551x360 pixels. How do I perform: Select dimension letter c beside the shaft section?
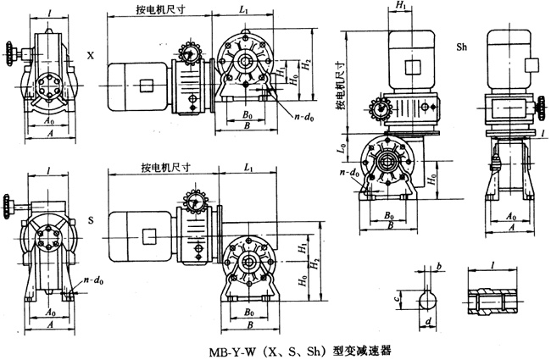point(398,297)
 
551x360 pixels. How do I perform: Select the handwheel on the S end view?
point(9,202)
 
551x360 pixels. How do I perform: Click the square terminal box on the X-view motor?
point(147,86)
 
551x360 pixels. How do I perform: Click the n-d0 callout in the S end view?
point(86,280)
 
